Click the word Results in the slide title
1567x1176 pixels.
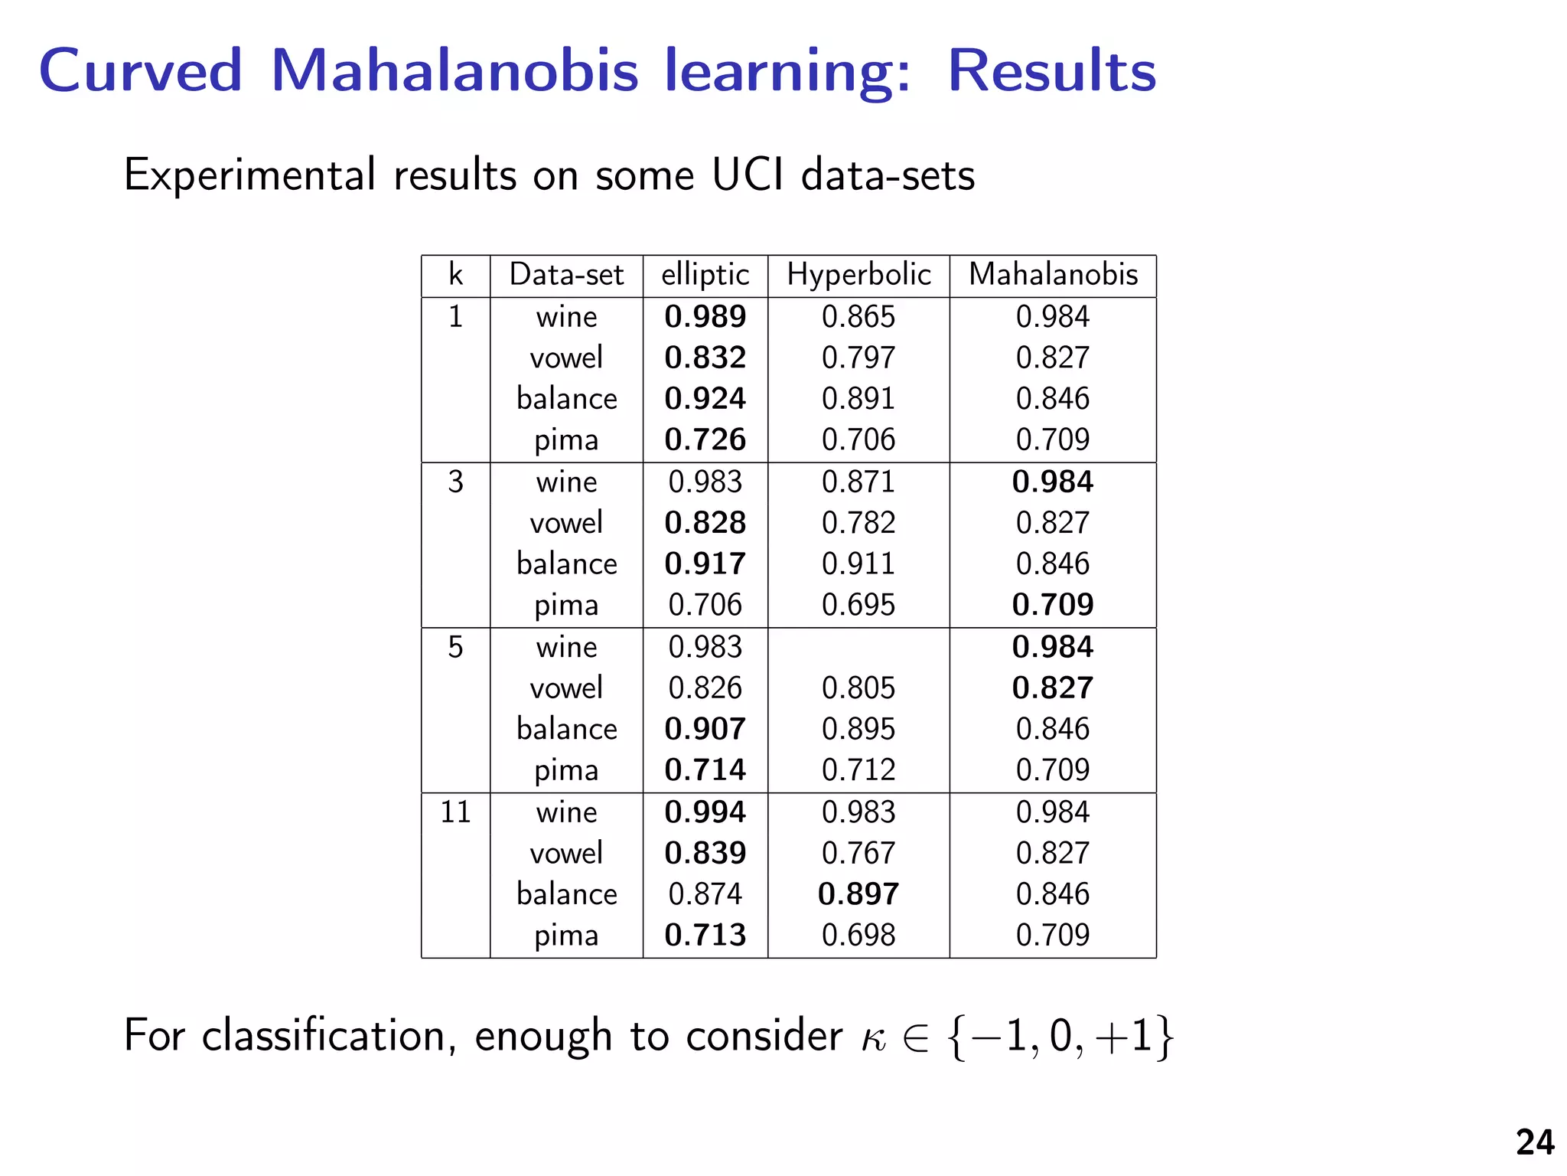tap(1051, 70)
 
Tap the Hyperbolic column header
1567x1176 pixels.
tap(858, 275)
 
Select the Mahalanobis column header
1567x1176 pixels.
tap(1053, 275)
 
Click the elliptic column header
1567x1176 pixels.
tap(705, 275)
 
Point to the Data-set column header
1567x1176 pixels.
tap(566, 275)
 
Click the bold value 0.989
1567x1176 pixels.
tap(705, 317)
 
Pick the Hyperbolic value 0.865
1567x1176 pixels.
tap(858, 317)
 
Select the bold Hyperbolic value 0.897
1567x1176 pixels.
tap(858, 894)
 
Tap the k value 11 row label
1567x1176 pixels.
tap(455, 812)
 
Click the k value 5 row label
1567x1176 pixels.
tap(455, 648)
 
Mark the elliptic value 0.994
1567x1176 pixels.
tap(705, 812)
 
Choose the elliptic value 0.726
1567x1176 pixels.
tap(705, 439)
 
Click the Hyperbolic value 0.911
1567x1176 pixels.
tap(858, 564)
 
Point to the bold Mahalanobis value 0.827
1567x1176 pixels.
tap(1053, 688)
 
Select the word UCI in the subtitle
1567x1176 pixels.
tap(748, 175)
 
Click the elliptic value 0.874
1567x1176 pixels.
tap(705, 894)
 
